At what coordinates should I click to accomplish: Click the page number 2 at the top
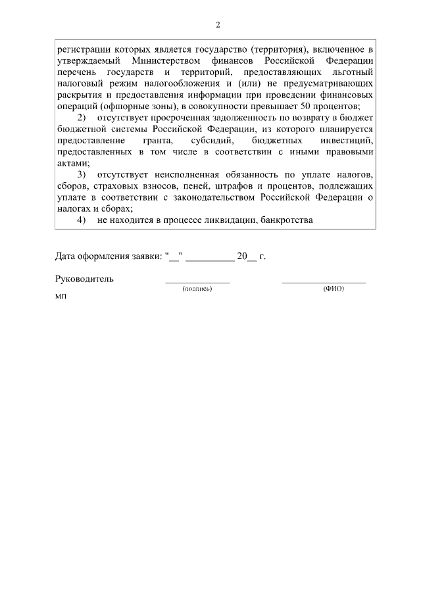tap(218, 25)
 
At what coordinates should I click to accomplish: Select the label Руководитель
tap(85, 279)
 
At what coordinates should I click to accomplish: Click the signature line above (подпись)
tap(197, 282)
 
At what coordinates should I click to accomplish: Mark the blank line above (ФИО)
tap(324, 282)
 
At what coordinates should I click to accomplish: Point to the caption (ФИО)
tap(334, 289)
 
